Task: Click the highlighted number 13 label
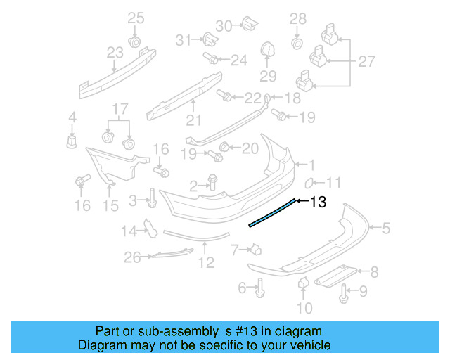[x=318, y=202]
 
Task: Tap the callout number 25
[x=135, y=18]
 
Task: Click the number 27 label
[x=366, y=62]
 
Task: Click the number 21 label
[x=193, y=120]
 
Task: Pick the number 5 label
[x=386, y=227]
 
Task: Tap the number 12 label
[x=205, y=264]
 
